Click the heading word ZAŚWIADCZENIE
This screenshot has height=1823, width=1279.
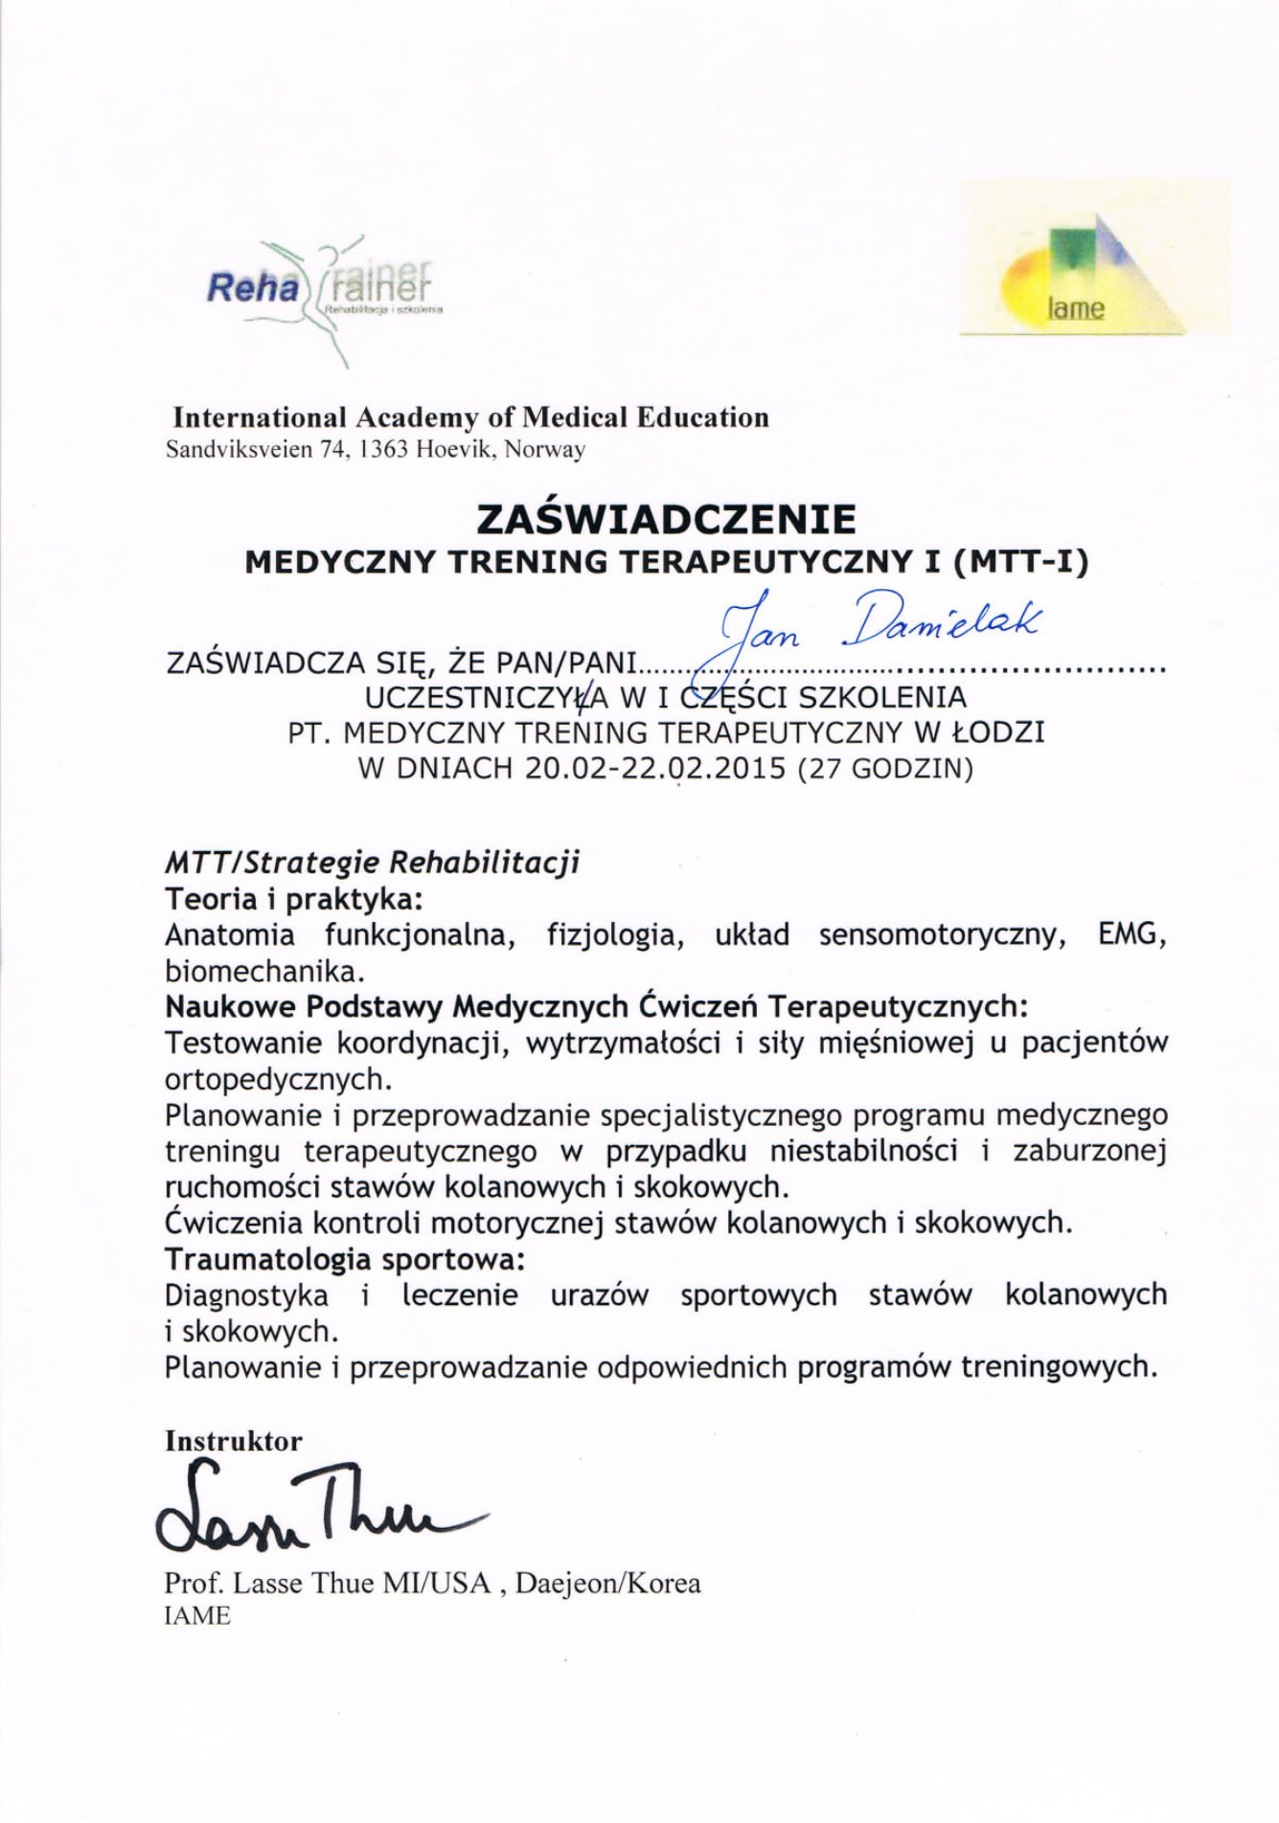[x=666, y=519]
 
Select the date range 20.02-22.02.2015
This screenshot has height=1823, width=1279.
[x=655, y=769]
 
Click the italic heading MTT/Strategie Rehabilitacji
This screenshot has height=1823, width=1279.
[x=373, y=863]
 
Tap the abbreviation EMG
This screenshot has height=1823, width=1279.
[x=1131, y=934]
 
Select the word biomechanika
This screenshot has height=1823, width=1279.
[x=264, y=971]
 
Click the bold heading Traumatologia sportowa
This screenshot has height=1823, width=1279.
[x=345, y=1258]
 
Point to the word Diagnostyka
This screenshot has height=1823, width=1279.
[x=246, y=1295]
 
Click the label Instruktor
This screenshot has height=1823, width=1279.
[x=233, y=1441]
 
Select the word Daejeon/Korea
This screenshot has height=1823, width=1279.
[x=607, y=1584]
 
